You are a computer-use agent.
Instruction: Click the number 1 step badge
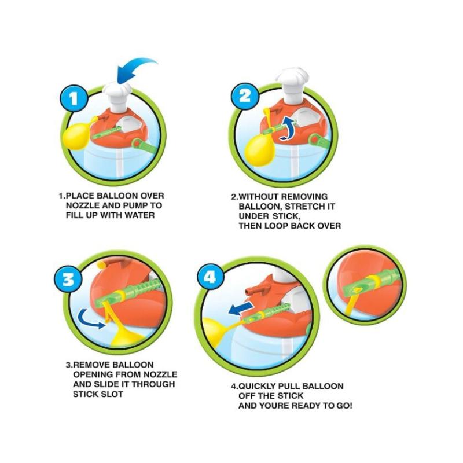click(x=74, y=98)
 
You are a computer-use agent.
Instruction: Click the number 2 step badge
click(x=244, y=96)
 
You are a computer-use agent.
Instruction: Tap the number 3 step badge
click(x=68, y=279)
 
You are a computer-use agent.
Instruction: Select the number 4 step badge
click(x=210, y=278)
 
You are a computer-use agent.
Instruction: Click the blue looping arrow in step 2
click(x=288, y=128)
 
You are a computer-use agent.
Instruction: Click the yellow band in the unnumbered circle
click(x=373, y=282)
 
